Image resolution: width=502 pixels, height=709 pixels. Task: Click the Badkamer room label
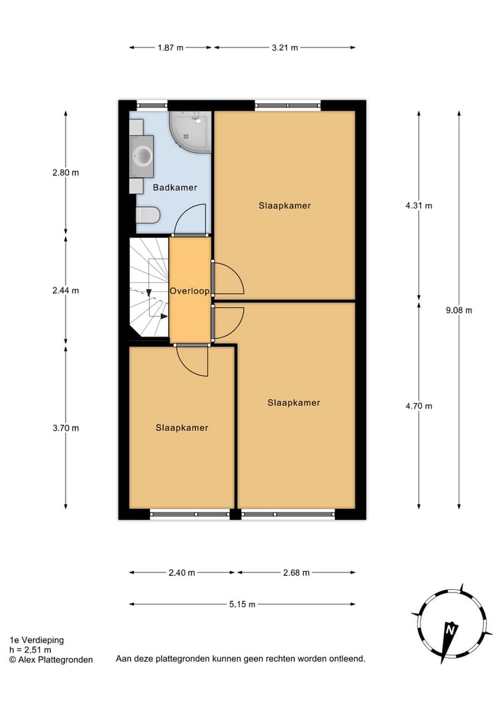pos(174,188)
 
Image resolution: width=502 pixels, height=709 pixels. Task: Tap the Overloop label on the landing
pos(190,291)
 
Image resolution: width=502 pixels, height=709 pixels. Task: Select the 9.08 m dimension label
pos(459,311)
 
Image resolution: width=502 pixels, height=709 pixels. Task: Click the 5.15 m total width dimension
pos(243,604)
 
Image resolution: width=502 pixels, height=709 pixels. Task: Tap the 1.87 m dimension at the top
pos(171,48)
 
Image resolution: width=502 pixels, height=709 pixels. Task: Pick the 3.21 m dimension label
pos(284,48)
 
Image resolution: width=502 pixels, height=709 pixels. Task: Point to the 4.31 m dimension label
pos(418,206)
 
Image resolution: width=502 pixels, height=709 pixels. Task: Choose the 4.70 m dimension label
pos(418,406)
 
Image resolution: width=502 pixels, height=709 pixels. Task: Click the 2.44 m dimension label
pos(66,291)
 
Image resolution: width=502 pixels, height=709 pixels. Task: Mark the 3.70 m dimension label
pos(66,428)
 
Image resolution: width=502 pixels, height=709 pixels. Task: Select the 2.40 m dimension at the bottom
pos(182,572)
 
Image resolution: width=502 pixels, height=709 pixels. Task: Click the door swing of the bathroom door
pos(190,219)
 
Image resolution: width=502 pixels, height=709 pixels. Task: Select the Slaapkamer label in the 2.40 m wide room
pos(182,428)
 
